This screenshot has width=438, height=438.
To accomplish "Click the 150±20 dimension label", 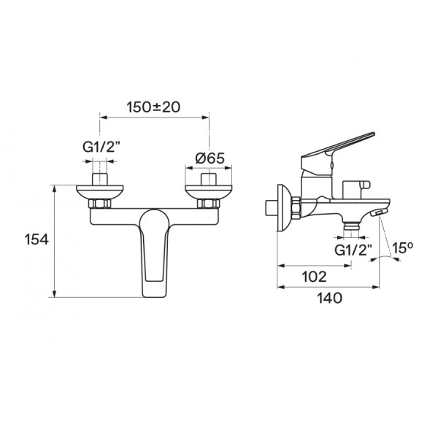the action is [x=153, y=107].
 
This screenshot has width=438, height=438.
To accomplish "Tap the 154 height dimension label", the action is [x=36, y=239].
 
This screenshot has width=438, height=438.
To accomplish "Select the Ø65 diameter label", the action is [x=210, y=158].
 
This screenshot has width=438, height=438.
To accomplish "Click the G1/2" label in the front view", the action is [x=101, y=147].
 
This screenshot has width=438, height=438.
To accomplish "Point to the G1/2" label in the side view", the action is [x=353, y=250].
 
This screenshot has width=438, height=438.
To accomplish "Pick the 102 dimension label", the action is [x=314, y=277].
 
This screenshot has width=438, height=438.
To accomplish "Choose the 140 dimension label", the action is [x=329, y=298].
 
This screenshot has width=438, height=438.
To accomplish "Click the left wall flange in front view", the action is [x=99, y=192].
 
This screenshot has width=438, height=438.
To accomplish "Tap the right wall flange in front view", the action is [x=208, y=192].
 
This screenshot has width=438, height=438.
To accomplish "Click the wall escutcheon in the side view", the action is [x=284, y=207].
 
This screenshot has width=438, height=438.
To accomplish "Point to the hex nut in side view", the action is [x=296, y=208].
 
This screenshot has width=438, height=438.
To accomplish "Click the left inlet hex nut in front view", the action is [x=100, y=204].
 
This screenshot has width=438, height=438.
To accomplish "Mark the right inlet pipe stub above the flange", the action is [x=209, y=179].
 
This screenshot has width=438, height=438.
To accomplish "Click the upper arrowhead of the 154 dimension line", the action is [x=55, y=188].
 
